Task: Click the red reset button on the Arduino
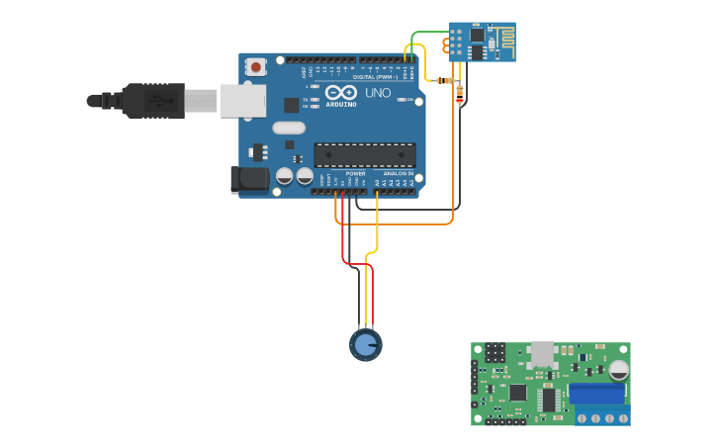tap(256, 67)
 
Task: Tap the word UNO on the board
tap(378, 92)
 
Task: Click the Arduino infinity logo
tap(340, 92)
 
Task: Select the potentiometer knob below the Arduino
tap(366, 344)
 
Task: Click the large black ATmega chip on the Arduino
tap(364, 154)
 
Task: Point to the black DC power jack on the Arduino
tap(250, 179)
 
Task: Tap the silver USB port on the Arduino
tap(242, 100)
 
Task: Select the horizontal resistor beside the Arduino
tap(446, 80)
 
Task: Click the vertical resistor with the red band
tap(459, 95)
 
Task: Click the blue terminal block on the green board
tap(597, 394)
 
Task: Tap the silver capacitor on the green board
tap(619, 370)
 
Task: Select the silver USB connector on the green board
tap(542, 353)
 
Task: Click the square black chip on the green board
tap(517, 392)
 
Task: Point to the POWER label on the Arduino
tap(355, 173)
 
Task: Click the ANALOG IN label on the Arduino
tap(398, 173)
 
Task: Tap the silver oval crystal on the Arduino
tap(289, 128)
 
